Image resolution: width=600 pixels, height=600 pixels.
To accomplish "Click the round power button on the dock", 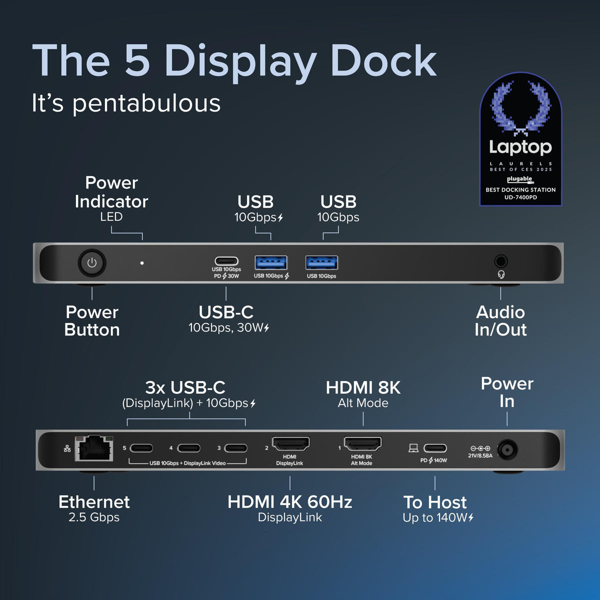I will (92, 263).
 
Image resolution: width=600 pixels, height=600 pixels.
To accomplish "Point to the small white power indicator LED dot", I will (142, 263).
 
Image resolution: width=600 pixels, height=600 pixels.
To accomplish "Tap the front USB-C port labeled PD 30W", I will (226, 261).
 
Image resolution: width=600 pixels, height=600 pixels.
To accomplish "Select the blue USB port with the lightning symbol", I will (271, 262).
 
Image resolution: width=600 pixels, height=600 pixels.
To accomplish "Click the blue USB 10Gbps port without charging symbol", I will (321, 262).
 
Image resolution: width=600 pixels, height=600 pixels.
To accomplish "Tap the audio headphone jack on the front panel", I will (500, 261).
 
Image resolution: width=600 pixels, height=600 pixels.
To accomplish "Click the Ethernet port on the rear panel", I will (93, 447).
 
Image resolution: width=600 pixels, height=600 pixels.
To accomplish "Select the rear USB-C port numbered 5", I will (141, 448).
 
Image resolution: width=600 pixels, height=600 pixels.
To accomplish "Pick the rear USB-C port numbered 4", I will (188, 448).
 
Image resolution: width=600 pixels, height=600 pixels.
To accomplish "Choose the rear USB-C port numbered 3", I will (235, 448).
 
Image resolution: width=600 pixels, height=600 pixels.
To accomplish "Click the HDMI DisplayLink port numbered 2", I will (290, 444).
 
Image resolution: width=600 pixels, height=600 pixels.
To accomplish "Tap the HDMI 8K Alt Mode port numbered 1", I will (362, 444).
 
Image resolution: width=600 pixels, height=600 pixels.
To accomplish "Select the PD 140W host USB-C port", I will (435, 448).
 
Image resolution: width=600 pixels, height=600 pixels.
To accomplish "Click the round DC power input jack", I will (506, 450).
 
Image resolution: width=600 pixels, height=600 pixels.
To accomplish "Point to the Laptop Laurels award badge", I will (520, 140).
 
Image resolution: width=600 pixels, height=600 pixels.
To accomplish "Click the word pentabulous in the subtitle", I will (146, 103).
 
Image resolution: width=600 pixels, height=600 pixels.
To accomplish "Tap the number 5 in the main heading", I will (137, 61).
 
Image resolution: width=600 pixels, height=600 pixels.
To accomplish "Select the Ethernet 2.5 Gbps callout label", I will (94, 508).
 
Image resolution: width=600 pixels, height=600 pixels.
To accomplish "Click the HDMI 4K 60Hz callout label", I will (290, 508).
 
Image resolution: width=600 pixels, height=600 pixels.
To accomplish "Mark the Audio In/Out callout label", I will (500, 320).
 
